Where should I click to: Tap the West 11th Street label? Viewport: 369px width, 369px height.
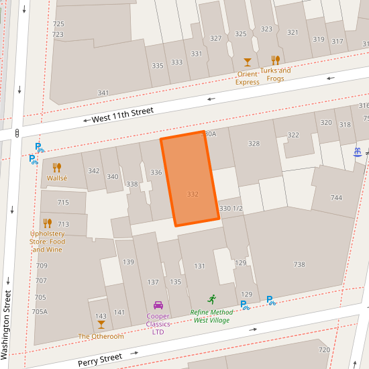coord(123,115)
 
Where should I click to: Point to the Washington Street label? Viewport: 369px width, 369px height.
coord(7,323)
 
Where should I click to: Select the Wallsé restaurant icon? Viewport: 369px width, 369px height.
coord(57,168)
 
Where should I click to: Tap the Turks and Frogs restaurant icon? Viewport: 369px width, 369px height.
coord(275,60)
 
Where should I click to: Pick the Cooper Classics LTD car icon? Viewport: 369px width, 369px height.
coord(158,305)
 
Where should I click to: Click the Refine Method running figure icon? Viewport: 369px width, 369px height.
coord(213,299)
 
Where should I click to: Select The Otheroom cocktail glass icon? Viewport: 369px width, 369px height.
coord(101,325)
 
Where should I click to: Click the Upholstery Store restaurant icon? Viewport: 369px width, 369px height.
coord(48,223)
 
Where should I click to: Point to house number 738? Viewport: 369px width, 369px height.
coord(299,264)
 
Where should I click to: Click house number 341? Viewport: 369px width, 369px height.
coord(103,93)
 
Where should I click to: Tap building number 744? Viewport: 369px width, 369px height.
coord(336,197)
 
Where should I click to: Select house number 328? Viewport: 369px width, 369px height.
coord(254,144)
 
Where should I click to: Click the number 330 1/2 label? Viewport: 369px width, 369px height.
coord(231,209)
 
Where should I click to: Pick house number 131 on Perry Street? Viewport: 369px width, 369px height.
coord(199,266)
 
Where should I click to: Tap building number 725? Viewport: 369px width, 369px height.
coord(58,24)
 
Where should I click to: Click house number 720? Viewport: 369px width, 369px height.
coord(324,350)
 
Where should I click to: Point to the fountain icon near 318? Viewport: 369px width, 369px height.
coord(358,152)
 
